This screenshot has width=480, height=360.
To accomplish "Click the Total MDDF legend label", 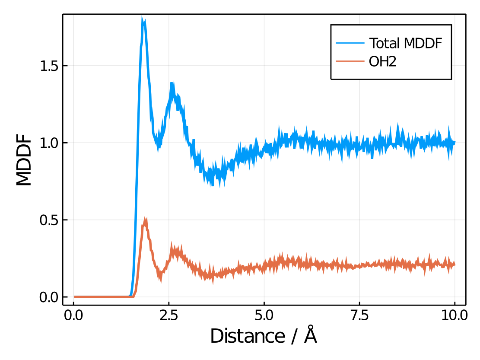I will coord(405,43).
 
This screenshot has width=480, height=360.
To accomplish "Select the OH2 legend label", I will coord(382,62).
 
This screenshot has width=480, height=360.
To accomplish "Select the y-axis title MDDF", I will coord(25,160).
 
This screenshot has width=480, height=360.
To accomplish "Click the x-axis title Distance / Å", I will coord(264,336).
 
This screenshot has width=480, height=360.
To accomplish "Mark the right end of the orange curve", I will coord(455,264).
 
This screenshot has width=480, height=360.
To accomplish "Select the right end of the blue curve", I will coord(455,142).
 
